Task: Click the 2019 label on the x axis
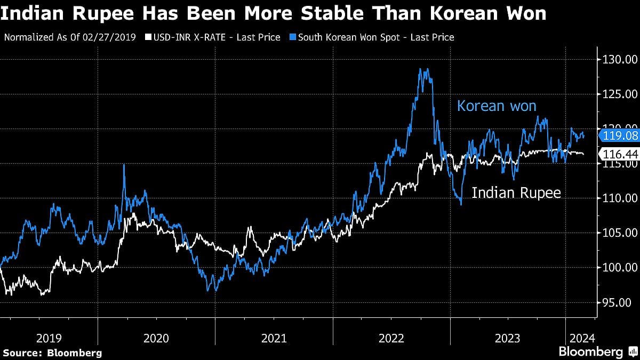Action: (49, 338)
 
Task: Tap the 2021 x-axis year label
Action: (274, 338)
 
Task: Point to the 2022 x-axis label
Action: (391, 338)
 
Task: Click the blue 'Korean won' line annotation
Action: (496, 106)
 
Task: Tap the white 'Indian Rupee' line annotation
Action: (517, 193)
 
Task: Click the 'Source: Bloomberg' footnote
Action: (52, 353)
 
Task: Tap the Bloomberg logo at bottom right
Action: (597, 351)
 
